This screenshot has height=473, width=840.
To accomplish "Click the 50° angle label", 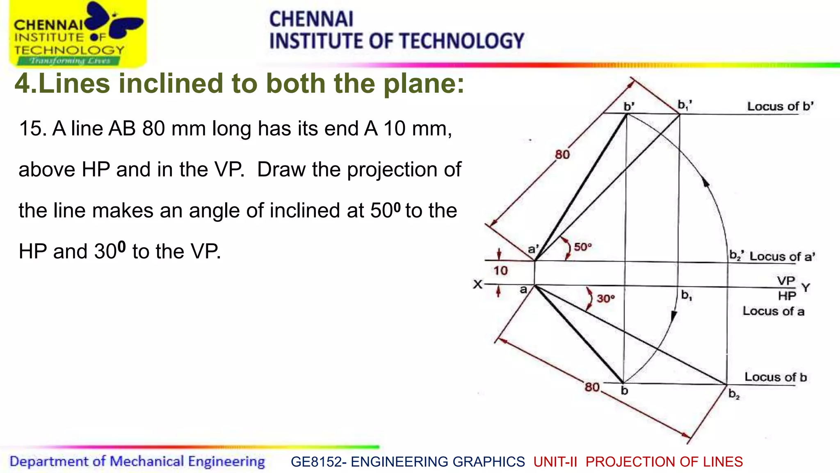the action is click(x=582, y=247).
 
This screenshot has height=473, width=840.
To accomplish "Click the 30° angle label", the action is click(x=605, y=298).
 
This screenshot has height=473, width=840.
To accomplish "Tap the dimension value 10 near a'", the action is click(x=500, y=271).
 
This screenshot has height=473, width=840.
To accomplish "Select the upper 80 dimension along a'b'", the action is click(x=562, y=155).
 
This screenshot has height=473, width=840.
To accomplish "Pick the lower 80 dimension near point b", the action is click(x=592, y=387).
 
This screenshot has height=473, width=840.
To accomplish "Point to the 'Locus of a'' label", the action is click(x=782, y=257).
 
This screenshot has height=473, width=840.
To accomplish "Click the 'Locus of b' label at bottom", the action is click(x=775, y=377).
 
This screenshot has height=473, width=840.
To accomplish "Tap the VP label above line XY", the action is click(x=786, y=281).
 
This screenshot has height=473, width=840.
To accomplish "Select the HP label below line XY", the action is click(x=787, y=296).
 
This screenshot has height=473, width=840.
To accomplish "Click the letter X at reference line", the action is click(x=477, y=284).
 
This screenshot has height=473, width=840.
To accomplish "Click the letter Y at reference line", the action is click(x=806, y=288).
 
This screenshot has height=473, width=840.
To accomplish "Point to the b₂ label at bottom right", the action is click(x=734, y=395).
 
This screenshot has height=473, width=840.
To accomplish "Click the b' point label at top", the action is click(x=629, y=107).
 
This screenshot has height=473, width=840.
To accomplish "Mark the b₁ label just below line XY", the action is click(x=686, y=295).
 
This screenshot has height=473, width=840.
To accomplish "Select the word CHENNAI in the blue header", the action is click(x=311, y=19).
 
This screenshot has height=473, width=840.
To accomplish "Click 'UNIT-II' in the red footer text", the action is click(x=555, y=462).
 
